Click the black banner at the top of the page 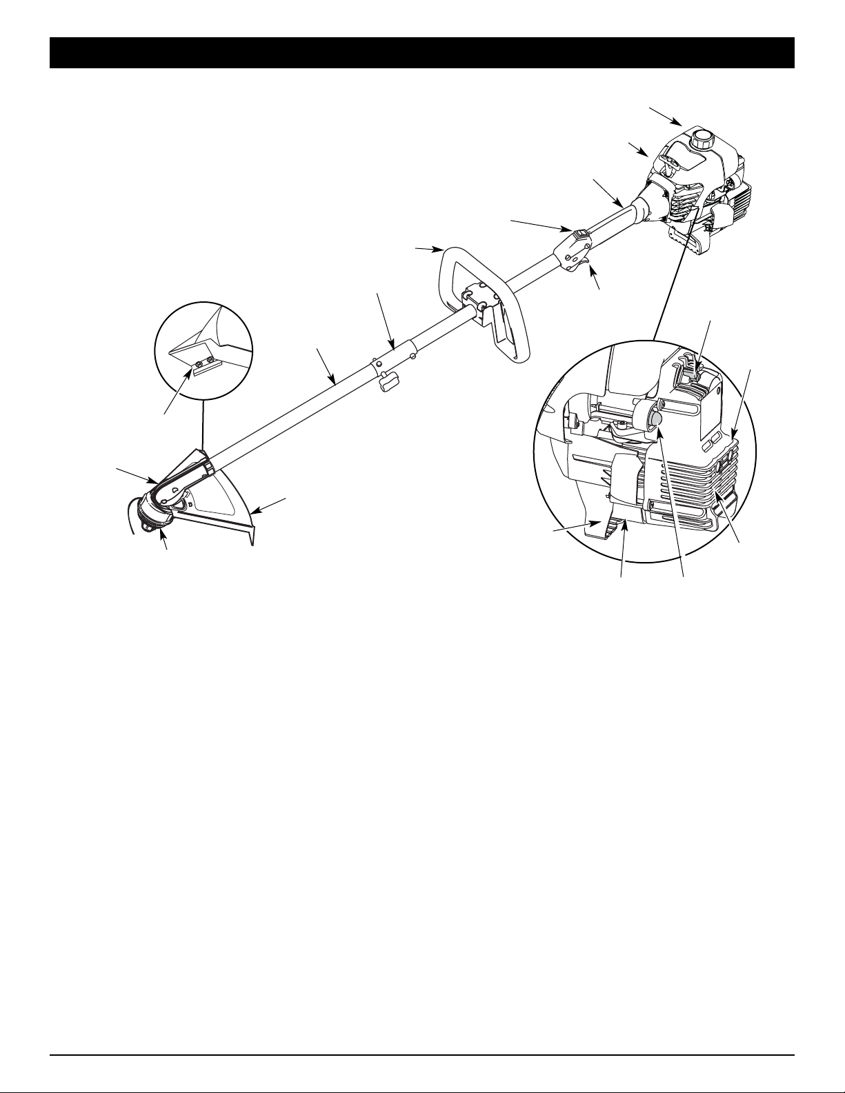tap(422, 53)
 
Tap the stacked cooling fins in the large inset tap(690, 483)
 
